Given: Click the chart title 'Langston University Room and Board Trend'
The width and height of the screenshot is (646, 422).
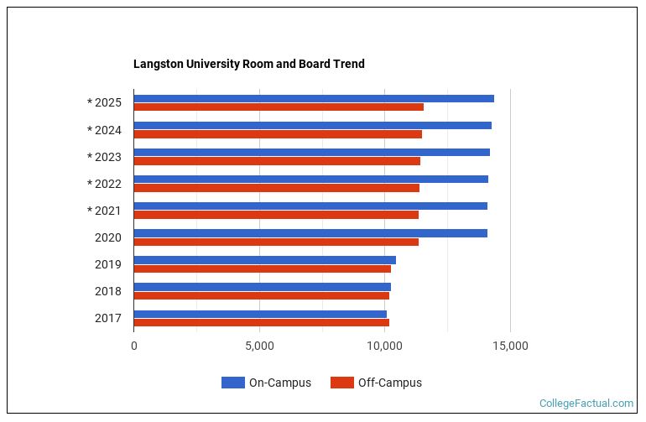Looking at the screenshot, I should click(249, 64).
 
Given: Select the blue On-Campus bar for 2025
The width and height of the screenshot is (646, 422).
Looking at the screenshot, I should click(314, 99).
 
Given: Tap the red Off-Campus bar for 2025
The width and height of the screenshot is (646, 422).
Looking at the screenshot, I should click(279, 107).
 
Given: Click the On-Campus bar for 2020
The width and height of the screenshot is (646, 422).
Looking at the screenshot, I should click(310, 233).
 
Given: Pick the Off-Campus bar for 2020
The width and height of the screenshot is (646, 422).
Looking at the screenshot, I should click(276, 242).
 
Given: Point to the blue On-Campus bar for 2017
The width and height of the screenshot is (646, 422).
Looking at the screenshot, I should click(260, 314).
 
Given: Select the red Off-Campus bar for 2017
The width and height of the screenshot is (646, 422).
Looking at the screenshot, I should click(261, 322).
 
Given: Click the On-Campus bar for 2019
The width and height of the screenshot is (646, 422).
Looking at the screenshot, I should click(264, 260).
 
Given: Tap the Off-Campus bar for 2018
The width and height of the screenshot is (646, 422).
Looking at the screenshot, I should click(261, 295).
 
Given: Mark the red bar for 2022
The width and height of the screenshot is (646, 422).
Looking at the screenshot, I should click(276, 188).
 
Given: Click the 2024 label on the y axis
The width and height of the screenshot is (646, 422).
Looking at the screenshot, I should click(105, 130).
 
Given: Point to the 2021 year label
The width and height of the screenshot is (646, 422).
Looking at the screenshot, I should click(105, 211).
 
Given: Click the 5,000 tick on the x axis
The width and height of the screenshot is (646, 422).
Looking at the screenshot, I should click(259, 346).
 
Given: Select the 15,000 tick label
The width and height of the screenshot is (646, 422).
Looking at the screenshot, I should click(510, 346).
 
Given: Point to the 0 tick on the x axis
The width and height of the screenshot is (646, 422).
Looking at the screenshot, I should click(134, 346).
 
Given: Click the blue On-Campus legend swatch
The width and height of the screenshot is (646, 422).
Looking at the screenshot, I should click(232, 383).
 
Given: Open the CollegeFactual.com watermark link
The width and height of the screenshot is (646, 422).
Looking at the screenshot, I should click(586, 404).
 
